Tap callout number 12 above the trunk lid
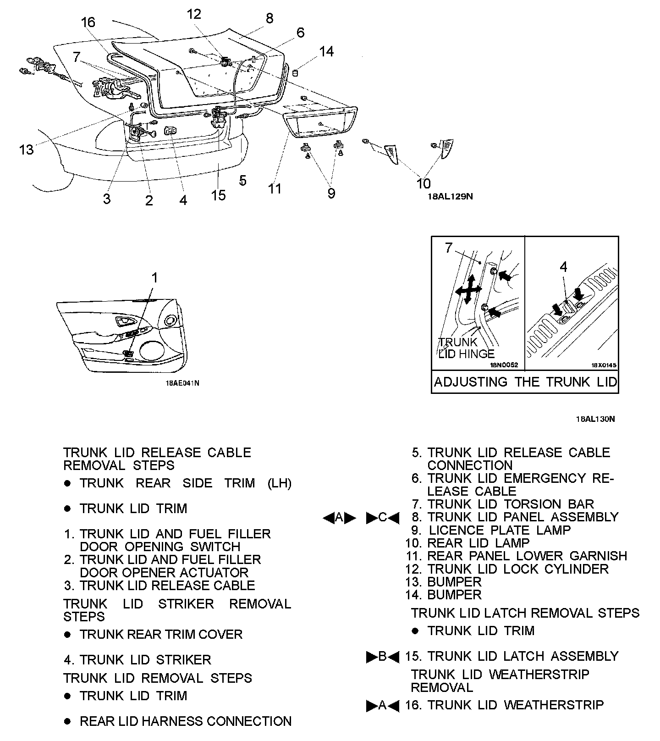click(x=194, y=14)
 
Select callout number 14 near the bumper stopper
click(x=326, y=51)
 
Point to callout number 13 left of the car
click(x=27, y=149)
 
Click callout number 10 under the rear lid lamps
click(x=423, y=183)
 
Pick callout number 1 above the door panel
click(x=155, y=278)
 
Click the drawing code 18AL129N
click(x=450, y=196)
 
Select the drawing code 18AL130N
click(x=595, y=419)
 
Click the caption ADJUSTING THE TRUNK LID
click(x=525, y=382)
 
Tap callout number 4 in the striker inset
click(x=563, y=267)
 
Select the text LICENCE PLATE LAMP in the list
click(x=500, y=531)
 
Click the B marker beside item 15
click(x=383, y=657)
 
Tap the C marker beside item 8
click(x=383, y=518)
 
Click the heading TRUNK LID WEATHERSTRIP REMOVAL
click(x=500, y=681)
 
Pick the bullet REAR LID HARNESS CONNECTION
click(x=185, y=721)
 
